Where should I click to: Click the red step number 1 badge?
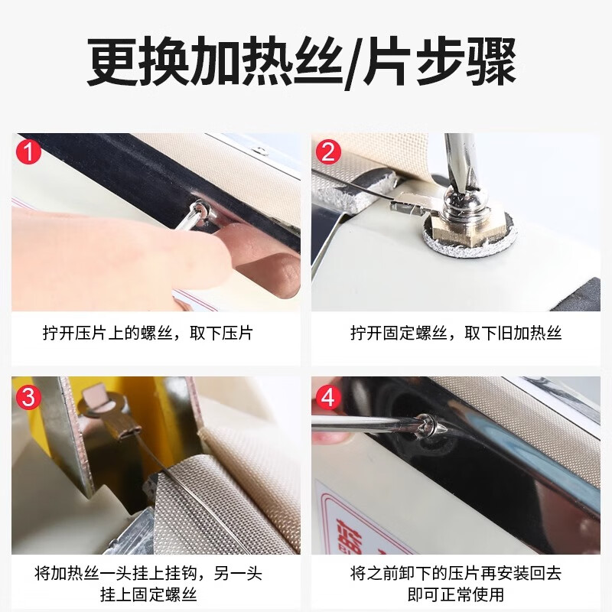click(28, 151)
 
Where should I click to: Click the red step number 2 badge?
click(327, 151)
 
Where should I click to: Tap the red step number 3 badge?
click(28, 396)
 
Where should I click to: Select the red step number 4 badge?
click(327, 396)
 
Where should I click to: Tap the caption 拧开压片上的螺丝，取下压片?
click(147, 334)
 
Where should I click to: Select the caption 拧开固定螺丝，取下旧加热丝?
click(456, 334)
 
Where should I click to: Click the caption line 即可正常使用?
click(456, 594)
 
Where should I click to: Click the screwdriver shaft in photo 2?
click(461, 157)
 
